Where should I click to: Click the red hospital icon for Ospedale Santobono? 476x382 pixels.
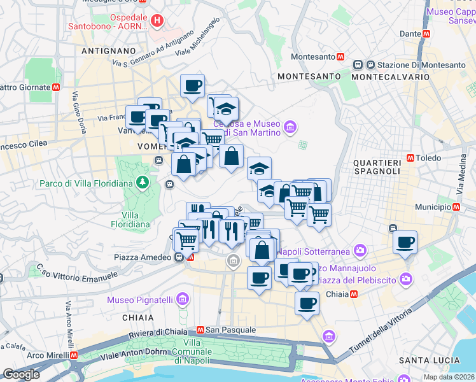pyautogui.click(x=157, y=21)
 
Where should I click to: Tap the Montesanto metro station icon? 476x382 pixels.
pyautogui.click(x=342, y=57)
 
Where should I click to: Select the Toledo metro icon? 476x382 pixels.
pyautogui.click(x=411, y=158)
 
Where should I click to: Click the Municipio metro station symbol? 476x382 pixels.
pyautogui.click(x=457, y=207)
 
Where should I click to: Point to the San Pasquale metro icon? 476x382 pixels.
pyautogui.click(x=200, y=330)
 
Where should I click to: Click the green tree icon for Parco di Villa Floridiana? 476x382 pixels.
pyautogui.click(x=144, y=183)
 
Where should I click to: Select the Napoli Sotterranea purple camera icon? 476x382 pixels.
pyautogui.click(x=361, y=250)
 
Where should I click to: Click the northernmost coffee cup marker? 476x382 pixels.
pyautogui.click(x=192, y=85)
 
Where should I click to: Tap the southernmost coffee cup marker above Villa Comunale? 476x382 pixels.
pyautogui.click(x=307, y=302)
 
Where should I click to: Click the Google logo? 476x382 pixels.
pyautogui.click(x=21, y=374)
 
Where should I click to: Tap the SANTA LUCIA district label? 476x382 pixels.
pyautogui.click(x=429, y=360)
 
